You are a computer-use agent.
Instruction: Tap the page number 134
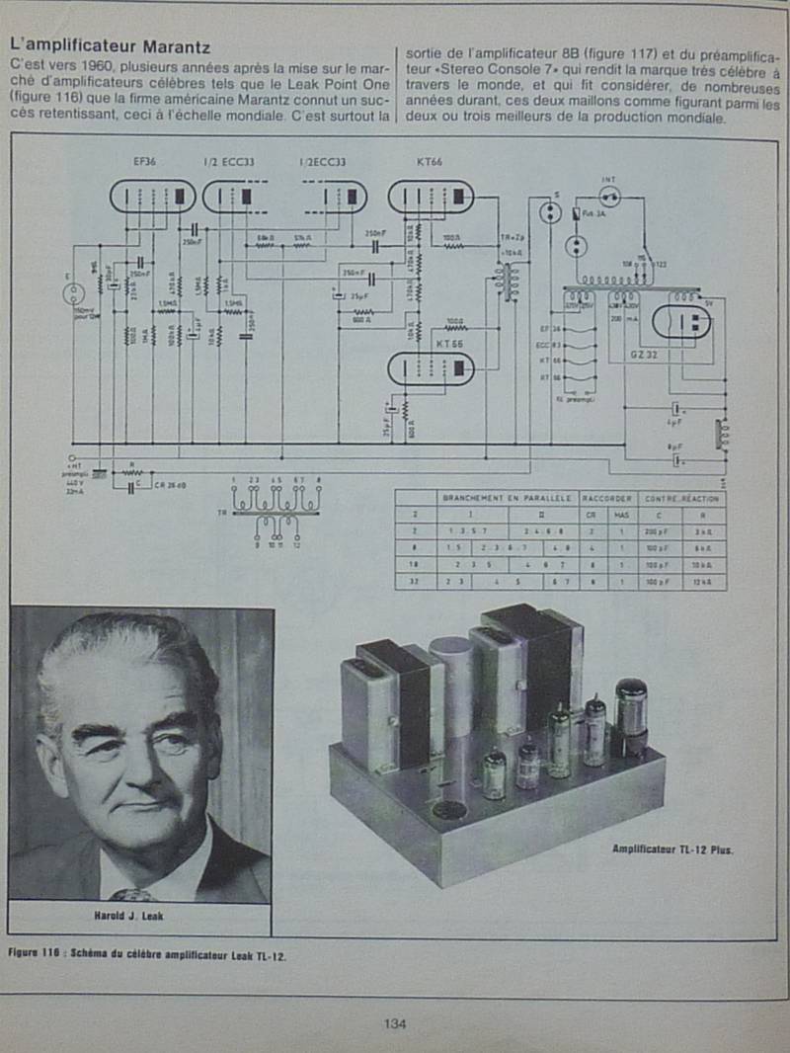395,1023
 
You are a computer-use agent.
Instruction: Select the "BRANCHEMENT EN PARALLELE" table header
509,499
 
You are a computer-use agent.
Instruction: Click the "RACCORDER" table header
606,499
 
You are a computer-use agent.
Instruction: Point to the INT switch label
608,179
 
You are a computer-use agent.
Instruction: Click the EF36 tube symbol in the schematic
153,196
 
